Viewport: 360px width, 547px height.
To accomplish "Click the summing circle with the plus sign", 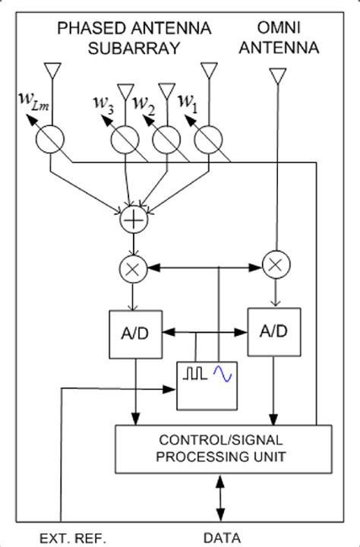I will [x=134, y=221].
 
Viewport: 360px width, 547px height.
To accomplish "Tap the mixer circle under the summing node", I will [x=134, y=267].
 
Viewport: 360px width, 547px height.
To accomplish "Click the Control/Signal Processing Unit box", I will [x=223, y=448].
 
